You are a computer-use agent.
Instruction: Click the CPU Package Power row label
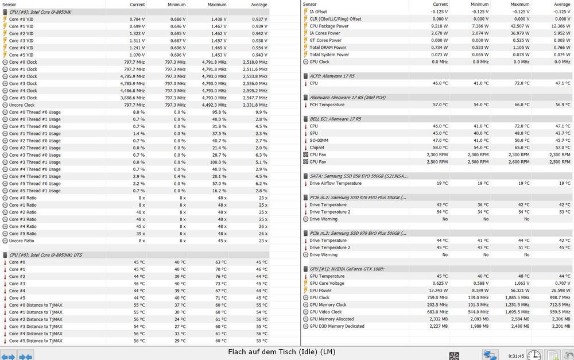click(329, 26)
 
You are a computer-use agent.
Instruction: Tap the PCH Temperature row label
click(327, 104)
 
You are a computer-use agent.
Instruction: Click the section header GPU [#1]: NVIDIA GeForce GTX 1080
click(347, 269)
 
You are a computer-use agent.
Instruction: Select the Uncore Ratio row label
click(22, 241)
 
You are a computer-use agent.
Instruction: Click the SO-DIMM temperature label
click(319, 141)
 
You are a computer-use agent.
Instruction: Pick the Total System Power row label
click(330, 55)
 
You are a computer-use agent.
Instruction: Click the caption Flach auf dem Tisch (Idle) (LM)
click(281, 351)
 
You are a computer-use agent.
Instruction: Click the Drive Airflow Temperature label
click(336, 183)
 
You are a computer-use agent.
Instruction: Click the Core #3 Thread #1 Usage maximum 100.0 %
click(215, 162)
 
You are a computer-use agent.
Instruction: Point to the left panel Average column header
click(259, 4)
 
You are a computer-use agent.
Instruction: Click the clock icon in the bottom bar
click(534, 355)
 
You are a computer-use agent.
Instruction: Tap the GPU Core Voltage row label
click(328, 283)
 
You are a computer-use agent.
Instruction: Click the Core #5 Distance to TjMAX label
click(36, 340)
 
